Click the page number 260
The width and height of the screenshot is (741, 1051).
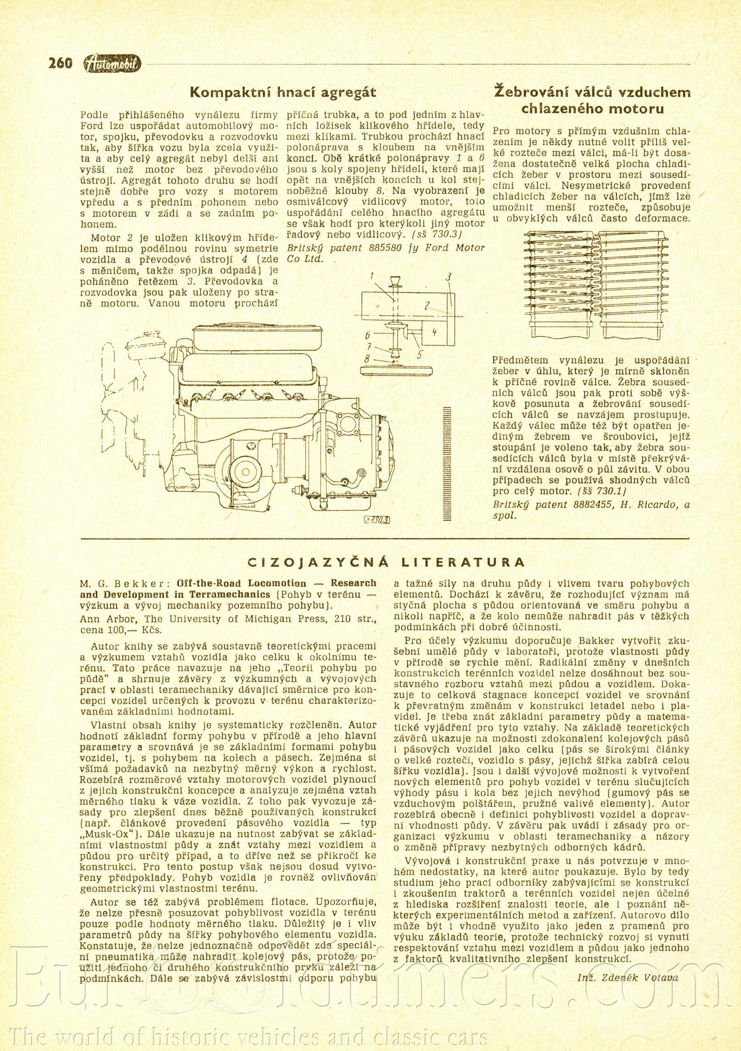tap(61, 63)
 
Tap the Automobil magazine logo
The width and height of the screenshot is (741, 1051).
tap(113, 64)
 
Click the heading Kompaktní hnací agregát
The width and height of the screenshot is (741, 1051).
tap(283, 93)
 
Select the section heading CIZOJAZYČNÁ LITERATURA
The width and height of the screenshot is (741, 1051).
tap(385, 562)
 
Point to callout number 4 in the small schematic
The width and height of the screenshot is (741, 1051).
tap(434, 331)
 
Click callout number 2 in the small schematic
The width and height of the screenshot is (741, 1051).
tap(427, 305)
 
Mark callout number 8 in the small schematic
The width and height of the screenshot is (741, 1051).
tap(367, 359)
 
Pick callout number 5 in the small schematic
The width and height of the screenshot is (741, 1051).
tap(420, 354)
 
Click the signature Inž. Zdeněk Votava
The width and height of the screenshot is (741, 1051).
tap(628, 977)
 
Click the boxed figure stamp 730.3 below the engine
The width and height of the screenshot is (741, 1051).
tap(376, 520)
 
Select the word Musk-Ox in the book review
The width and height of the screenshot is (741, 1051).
tap(105, 834)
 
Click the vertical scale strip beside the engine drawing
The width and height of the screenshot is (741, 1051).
tap(447, 463)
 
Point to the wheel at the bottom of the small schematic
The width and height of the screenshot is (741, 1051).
tap(395, 371)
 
